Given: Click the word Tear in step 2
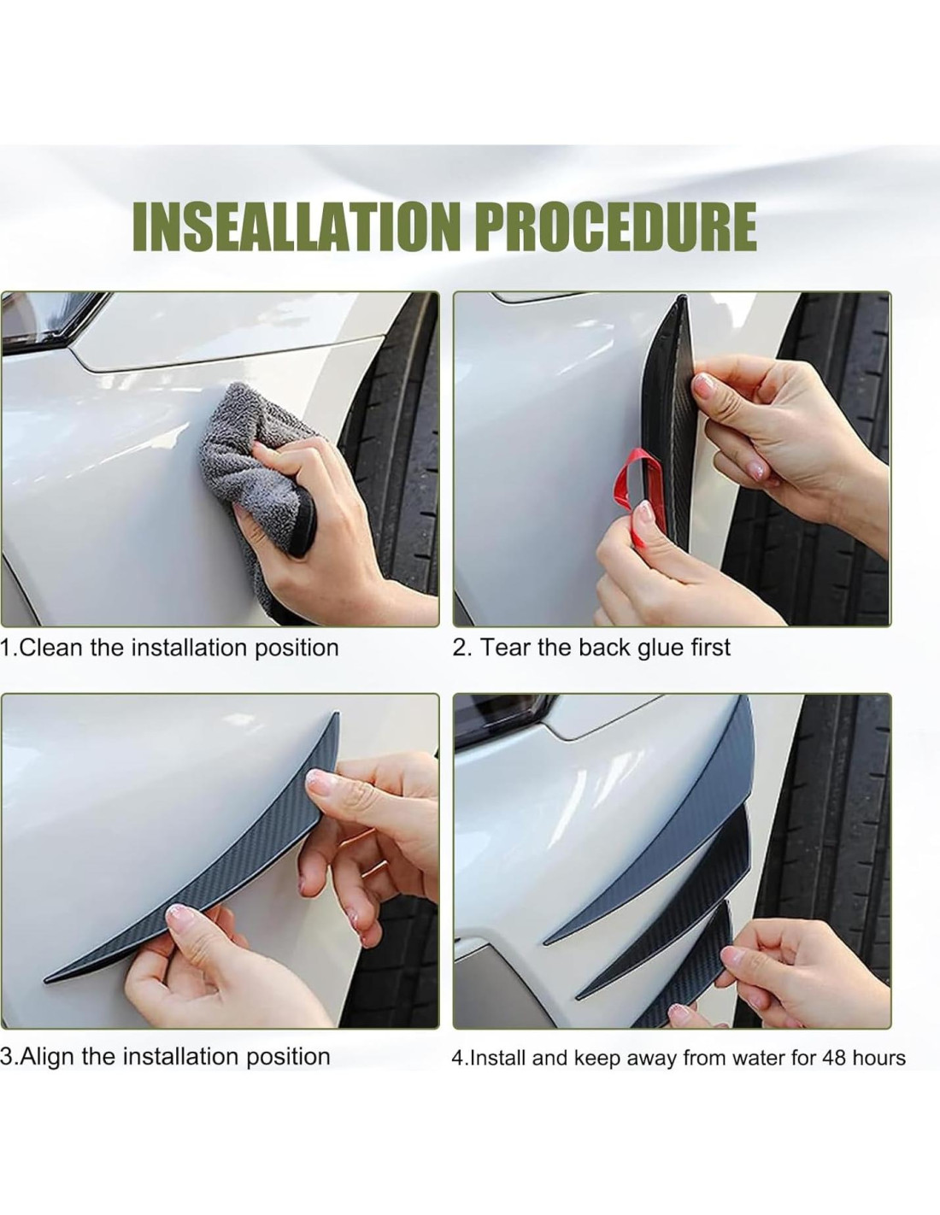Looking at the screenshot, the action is pyautogui.click(x=505, y=648).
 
